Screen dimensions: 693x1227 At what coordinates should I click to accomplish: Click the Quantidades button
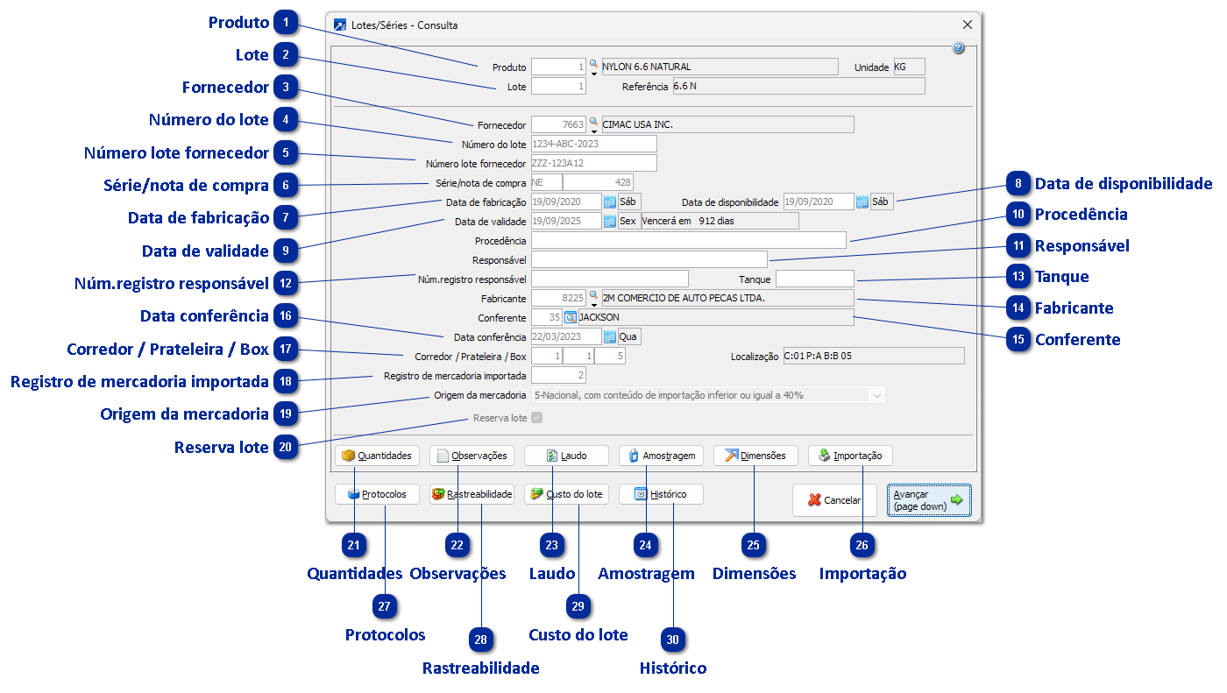[377, 456]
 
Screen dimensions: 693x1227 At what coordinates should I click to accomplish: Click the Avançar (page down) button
[928, 500]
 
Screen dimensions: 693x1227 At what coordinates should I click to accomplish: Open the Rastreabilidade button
[472, 494]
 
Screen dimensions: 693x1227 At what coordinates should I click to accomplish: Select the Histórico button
[661, 494]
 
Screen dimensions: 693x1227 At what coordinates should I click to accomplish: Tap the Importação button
[850, 456]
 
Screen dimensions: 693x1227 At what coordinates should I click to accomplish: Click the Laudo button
[566, 456]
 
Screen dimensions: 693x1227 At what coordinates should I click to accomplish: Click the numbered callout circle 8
[1018, 184]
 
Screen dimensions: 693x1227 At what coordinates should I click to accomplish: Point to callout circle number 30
[673, 640]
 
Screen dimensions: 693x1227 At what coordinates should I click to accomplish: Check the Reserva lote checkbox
[537, 418]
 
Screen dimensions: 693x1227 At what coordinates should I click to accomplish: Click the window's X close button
[968, 25]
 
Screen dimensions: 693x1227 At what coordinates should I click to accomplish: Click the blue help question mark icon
[958, 48]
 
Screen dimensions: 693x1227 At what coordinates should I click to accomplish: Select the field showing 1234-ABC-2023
[593, 144]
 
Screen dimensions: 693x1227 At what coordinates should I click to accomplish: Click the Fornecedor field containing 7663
[558, 124]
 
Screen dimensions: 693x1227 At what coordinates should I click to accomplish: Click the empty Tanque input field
[814, 279]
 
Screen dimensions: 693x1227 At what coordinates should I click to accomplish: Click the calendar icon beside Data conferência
[609, 336]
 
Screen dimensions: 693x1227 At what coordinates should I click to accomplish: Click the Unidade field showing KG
[908, 67]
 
